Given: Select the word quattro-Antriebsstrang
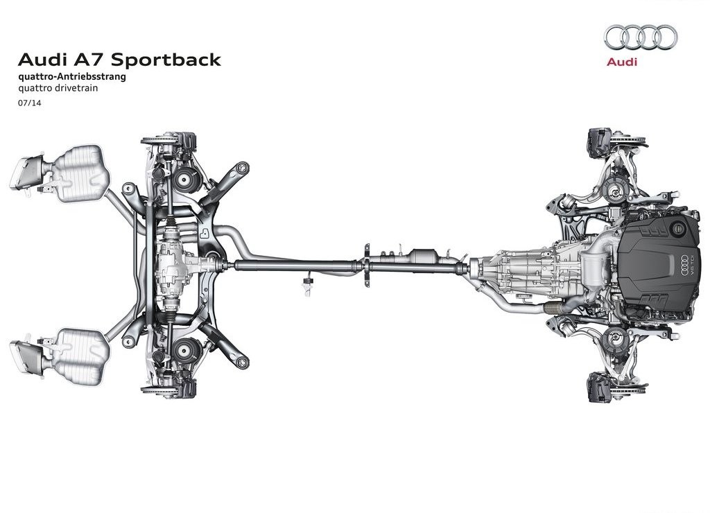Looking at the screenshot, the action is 72,76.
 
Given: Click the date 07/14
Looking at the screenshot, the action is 29,103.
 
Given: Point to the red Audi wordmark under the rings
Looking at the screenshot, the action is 621,62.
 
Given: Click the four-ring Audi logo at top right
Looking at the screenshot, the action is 641,37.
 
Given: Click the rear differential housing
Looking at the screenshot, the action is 174,266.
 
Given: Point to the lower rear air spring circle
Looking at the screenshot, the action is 183,350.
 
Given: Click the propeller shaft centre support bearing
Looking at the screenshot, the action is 366,266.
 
